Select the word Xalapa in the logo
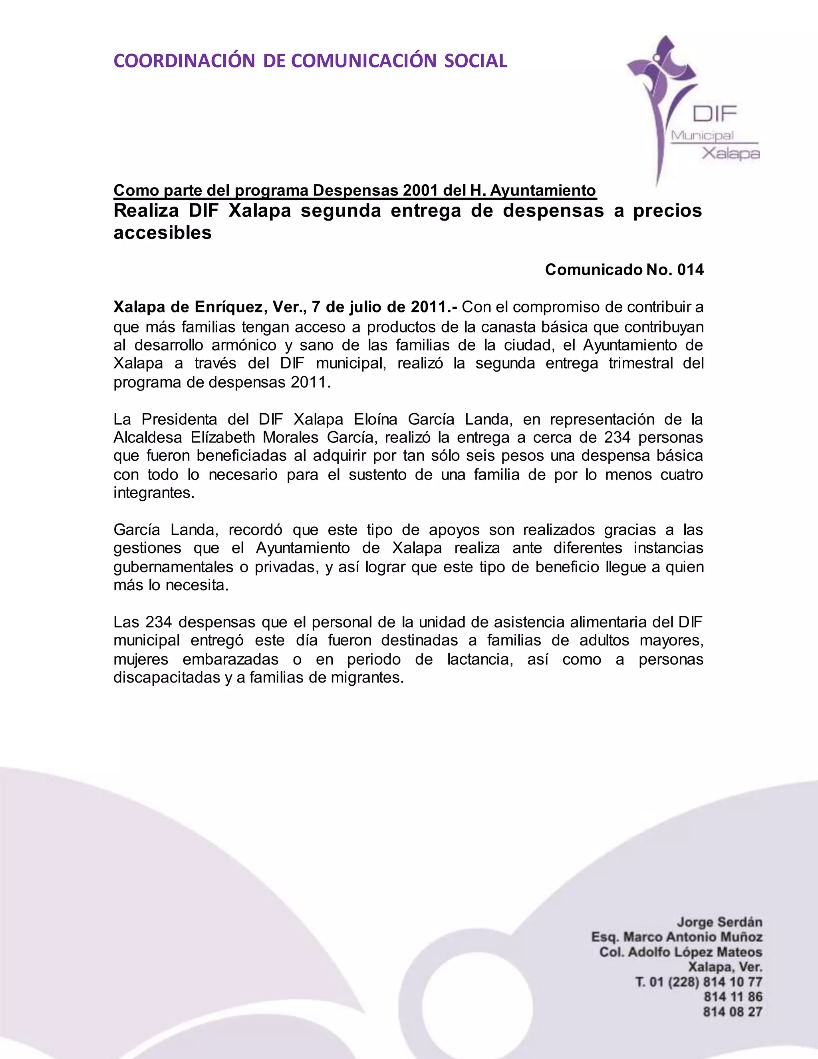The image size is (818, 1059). point(731,154)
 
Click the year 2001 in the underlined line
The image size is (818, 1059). point(421,191)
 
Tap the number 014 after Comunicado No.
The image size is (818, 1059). point(690,270)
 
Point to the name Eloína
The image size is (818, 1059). point(377,419)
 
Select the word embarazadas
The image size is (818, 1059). point(230,659)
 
